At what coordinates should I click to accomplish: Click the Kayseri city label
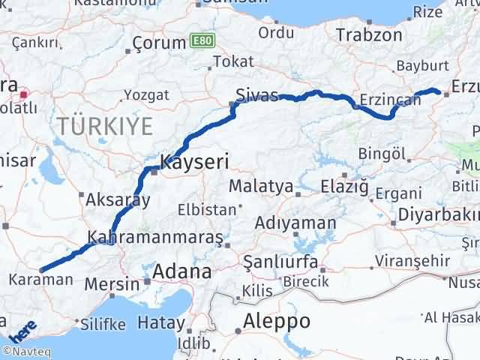(x=194, y=160)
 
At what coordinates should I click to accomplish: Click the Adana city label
(x=182, y=271)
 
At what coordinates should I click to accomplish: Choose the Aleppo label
(x=271, y=321)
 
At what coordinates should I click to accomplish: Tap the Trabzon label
(x=370, y=34)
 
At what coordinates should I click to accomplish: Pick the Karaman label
(x=41, y=280)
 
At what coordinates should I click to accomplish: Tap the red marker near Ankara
(x=24, y=94)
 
